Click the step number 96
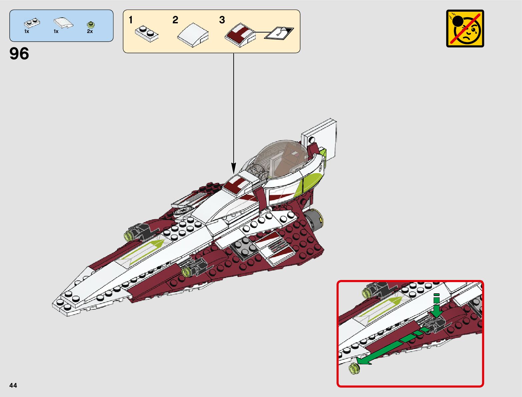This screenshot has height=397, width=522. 19,54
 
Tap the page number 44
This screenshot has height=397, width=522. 13,385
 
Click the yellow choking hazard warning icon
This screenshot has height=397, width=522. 465,28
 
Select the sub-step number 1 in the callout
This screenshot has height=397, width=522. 131,20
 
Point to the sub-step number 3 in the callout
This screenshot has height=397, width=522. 222,20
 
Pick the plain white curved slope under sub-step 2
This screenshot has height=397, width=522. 193,35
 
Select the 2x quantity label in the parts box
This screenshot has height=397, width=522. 90,31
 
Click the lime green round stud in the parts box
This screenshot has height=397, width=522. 90,24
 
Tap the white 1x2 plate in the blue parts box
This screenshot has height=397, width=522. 32,23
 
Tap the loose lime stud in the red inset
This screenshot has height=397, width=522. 354,368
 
